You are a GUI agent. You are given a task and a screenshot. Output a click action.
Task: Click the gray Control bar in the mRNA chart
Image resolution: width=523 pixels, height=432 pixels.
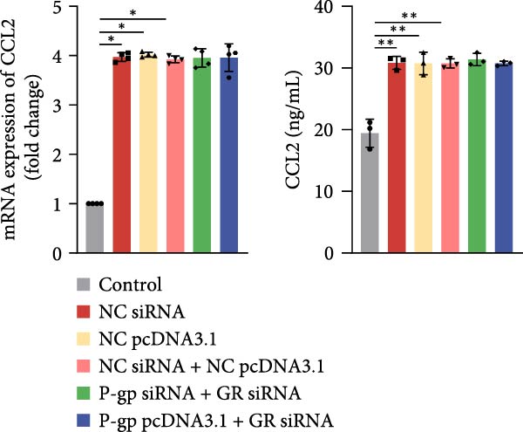95,229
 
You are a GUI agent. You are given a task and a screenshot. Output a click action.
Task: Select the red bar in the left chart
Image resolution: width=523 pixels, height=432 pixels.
122,157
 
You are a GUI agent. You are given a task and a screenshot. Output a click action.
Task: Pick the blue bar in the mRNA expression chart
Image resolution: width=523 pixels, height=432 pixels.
229,157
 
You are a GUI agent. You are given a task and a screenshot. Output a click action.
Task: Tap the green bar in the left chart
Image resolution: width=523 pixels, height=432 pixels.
202,157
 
